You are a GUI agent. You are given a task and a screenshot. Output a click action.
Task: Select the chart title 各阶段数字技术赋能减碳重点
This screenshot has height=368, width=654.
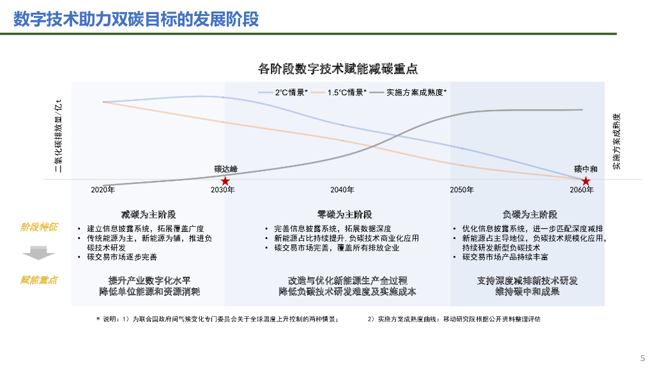click(338, 69)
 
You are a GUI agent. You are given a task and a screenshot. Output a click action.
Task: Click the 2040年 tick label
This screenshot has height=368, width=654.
click(342, 190)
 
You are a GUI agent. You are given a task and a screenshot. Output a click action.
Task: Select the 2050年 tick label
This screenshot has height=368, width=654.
click(462, 190)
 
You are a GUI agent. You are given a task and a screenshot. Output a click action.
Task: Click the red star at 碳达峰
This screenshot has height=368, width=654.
click(225, 181)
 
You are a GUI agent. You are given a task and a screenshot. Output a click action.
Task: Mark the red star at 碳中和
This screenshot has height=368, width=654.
click(586, 181)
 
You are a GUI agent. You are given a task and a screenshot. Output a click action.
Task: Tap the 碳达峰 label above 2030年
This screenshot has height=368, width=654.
click(225, 169)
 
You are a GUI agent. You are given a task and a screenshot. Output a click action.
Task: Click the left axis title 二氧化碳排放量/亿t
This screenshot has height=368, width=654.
click(58, 135)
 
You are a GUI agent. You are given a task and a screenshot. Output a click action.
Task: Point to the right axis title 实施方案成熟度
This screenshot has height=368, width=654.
click(616, 142)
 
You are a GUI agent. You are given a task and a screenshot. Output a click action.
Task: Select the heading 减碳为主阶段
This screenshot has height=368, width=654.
click(148, 214)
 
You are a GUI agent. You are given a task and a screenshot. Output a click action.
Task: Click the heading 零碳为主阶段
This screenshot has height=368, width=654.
click(344, 214)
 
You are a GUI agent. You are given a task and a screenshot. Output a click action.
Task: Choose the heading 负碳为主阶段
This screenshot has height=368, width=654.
click(529, 214)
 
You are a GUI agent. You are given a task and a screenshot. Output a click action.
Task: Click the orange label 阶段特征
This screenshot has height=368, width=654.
click(39, 227)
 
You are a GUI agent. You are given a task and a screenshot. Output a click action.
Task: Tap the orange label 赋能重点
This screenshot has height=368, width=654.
click(39, 280)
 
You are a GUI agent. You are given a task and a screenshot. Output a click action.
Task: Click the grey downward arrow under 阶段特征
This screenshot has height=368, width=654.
click(38, 254)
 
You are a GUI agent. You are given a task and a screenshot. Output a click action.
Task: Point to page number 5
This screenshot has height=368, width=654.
click(643, 358)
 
